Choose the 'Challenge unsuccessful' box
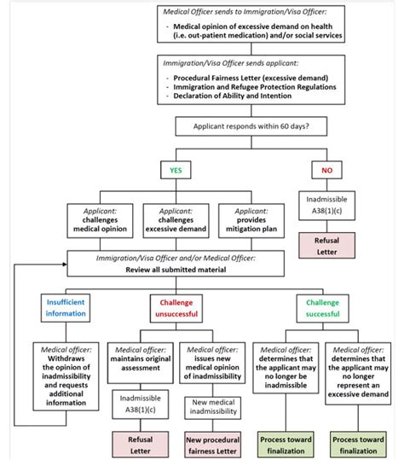(x=176, y=306)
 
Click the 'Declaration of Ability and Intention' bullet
(x=244, y=95)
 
